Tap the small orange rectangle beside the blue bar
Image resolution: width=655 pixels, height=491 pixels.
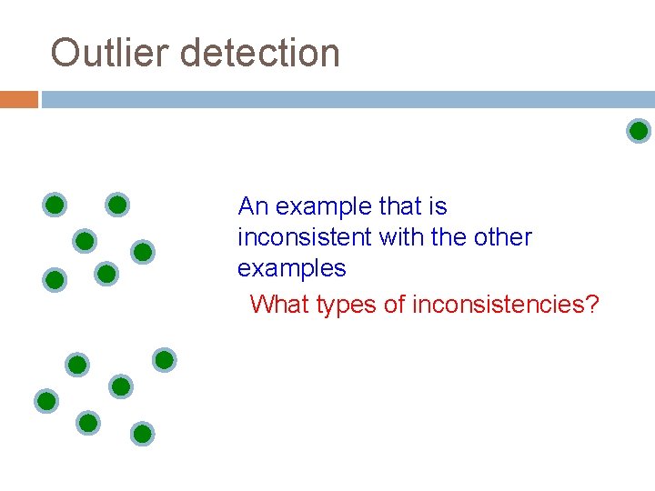tap(19, 99)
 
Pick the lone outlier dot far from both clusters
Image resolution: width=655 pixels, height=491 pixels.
tap(639, 131)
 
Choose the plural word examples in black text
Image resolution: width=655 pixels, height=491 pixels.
tap(291, 268)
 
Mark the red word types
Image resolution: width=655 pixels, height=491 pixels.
tap(347, 305)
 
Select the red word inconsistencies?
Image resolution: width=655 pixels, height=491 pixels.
tap(506, 304)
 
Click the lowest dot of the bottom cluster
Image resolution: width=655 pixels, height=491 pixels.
tap(142, 434)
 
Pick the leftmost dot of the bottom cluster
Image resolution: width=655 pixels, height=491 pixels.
tap(46, 400)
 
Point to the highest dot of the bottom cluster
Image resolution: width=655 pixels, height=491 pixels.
tap(164, 360)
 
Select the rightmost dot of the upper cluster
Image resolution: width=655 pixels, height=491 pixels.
tap(142, 252)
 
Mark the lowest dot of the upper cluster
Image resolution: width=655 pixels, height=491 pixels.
tap(55, 280)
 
